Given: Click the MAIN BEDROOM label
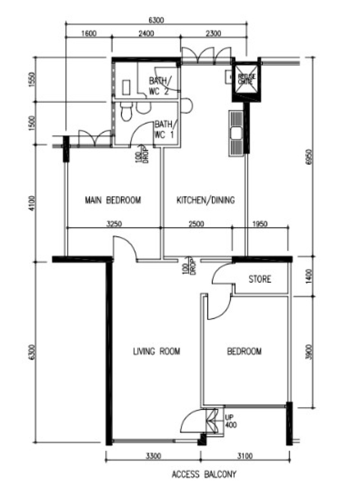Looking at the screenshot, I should click(x=113, y=200).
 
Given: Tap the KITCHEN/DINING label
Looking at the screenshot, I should click(x=205, y=200).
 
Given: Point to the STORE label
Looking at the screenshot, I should click(x=260, y=279).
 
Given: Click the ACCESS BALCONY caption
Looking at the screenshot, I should click(x=204, y=474).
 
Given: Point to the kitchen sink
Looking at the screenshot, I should click(x=236, y=133).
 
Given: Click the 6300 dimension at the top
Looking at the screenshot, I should click(x=156, y=20).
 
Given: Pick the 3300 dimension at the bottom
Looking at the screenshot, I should click(x=153, y=456).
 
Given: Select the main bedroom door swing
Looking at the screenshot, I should click(x=125, y=247).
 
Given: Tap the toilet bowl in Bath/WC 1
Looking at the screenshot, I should click(x=127, y=112).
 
